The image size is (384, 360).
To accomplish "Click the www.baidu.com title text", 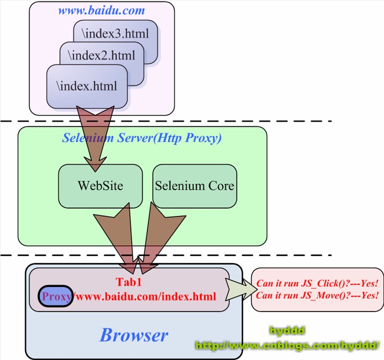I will (102, 10).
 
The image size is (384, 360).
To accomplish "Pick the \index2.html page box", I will (103, 55).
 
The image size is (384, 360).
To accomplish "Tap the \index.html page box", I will (88, 86).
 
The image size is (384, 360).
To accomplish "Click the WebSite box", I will (100, 186).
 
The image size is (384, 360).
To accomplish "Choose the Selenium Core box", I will (194, 186).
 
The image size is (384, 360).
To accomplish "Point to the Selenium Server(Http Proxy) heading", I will (142, 138).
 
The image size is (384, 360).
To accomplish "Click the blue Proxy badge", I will (57, 296).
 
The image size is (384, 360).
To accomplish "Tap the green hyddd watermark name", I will (287, 331).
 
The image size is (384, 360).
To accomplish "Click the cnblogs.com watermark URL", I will (288, 345).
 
